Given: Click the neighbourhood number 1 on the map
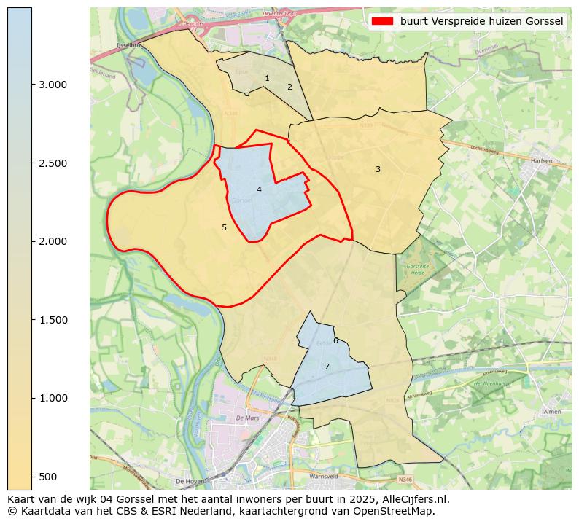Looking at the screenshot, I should tap(267, 78).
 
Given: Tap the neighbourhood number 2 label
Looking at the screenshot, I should tap(289, 87).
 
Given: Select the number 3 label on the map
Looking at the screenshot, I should tap(378, 169).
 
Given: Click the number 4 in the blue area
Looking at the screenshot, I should tap(259, 189).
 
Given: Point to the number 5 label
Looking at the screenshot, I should tap(224, 227).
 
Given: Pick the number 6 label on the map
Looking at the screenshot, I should tap(335, 340).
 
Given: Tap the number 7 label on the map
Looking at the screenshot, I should tap(327, 367).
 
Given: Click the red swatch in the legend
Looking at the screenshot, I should tap(382, 21).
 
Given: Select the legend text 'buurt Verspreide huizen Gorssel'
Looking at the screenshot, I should tap(482, 21).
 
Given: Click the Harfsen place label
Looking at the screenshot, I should tap(542, 160).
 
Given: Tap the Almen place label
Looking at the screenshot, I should tap(551, 412).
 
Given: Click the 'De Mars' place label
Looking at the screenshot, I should tap(248, 418).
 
